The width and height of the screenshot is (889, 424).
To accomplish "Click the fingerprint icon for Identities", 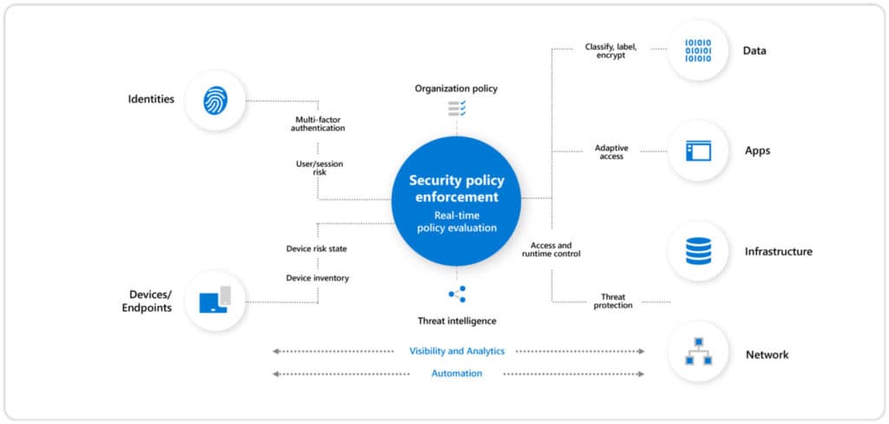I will (215, 100).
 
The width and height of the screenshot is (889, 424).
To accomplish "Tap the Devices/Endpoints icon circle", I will (215, 301).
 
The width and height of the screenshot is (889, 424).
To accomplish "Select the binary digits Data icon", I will (698, 50).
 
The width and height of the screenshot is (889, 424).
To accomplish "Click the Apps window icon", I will (698, 150).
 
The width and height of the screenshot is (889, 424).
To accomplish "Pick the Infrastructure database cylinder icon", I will (698, 251).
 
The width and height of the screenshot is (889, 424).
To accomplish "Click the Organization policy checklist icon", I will (457, 108).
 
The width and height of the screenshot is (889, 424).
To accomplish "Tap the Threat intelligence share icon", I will (457, 294).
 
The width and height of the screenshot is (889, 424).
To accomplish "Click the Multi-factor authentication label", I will (318, 123).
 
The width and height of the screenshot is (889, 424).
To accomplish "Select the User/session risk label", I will (318, 167).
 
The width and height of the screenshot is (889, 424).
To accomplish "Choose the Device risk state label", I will (317, 248).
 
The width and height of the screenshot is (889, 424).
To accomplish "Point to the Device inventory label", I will (317, 278).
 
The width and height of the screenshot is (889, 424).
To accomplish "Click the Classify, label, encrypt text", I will (612, 50).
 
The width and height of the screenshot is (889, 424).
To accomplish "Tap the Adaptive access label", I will (612, 151).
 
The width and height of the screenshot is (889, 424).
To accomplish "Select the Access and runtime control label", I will (551, 249).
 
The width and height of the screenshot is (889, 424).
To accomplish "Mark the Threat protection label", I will (612, 301).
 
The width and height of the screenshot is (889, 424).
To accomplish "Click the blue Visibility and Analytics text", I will (457, 351).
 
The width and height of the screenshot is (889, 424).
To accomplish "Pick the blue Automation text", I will (457, 373).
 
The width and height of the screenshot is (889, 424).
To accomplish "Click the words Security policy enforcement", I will (457, 189).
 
